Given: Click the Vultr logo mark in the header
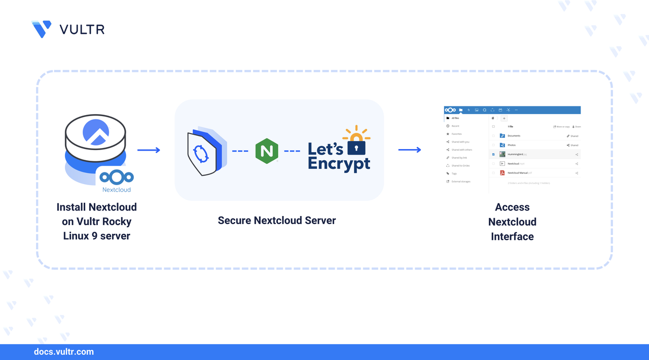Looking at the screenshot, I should [42, 29].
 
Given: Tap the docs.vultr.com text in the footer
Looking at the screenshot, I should [63, 352].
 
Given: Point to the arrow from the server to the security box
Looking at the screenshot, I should [149, 150].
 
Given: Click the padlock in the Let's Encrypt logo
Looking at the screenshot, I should [356, 147].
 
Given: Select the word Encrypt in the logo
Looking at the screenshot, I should [339, 164].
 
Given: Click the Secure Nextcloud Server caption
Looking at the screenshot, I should [277, 221].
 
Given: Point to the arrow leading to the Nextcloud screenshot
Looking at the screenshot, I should [410, 150].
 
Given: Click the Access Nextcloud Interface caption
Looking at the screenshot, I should [512, 222].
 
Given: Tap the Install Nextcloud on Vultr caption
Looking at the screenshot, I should [96, 222].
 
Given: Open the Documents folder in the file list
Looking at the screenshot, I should [514, 136].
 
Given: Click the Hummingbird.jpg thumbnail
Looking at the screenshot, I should [502, 154].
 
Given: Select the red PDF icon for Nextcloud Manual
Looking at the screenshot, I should [502, 173].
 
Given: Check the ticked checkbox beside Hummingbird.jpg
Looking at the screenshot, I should [493, 154].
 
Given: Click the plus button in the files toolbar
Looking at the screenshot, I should [504, 119].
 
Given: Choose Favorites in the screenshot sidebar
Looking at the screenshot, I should [456, 134].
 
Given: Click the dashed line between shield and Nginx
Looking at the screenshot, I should [240, 151].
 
